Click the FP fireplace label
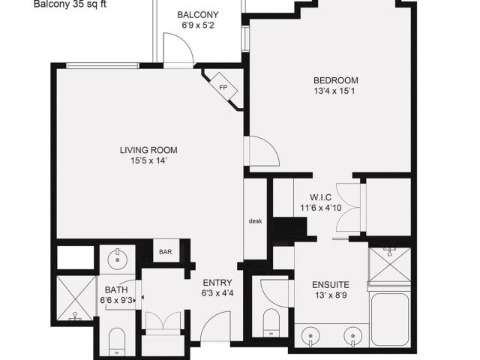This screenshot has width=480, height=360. [x=223, y=88]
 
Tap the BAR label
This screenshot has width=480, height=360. [x=165, y=252]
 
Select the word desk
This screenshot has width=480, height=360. [x=255, y=221]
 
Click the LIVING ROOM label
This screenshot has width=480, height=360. [x=148, y=150]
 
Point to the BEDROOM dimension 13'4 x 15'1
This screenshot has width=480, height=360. [x=334, y=91]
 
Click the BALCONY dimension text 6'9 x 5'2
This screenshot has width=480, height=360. [x=198, y=25]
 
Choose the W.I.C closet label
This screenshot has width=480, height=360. [x=320, y=197]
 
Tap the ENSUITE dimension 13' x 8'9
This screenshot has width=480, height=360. [x=331, y=295]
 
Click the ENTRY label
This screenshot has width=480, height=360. [x=217, y=283]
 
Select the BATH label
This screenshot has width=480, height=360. [x=116, y=289]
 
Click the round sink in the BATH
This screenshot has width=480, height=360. [x=118, y=259]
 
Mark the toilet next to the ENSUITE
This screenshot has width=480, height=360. [x=271, y=322]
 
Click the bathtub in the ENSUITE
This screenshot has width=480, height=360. [x=390, y=319]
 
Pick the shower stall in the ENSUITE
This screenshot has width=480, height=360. [x=390, y=265]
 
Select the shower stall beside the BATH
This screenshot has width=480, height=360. [x=75, y=298]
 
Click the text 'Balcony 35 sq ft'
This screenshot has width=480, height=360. [x=70, y=4]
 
